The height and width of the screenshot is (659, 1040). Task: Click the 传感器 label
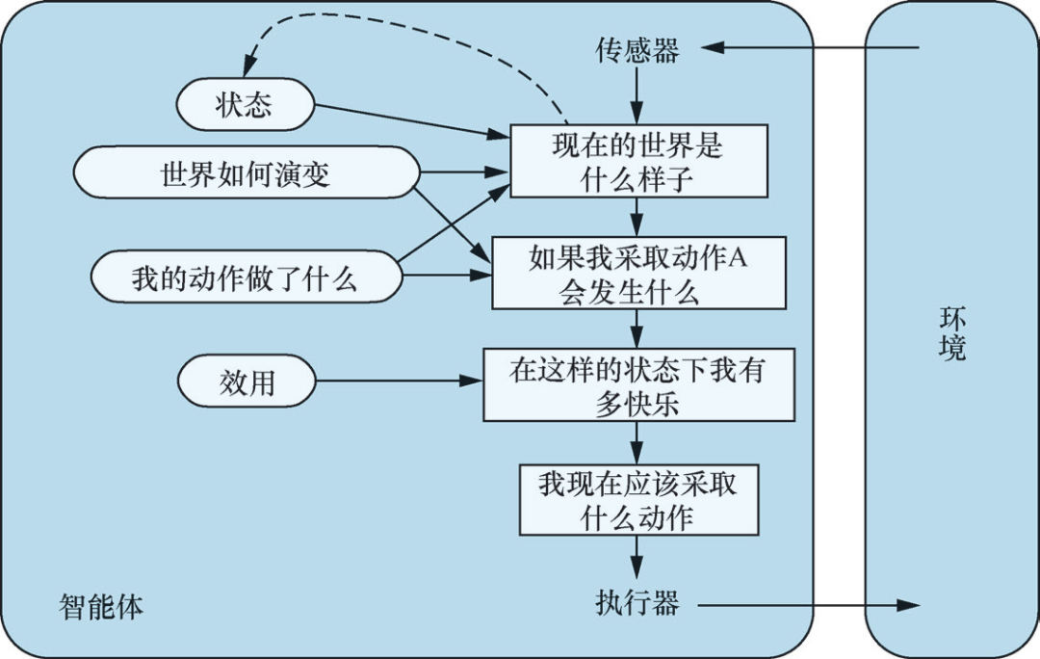[x=637, y=50]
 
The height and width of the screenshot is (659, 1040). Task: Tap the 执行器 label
[x=637, y=604]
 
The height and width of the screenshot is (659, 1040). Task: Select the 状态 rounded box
[x=245, y=105]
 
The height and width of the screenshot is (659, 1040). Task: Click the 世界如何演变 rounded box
[x=245, y=175]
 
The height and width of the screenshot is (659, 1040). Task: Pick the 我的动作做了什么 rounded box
[x=245, y=279]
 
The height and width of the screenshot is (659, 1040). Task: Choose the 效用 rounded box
[x=247, y=382]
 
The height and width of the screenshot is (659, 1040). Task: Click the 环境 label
[x=951, y=333]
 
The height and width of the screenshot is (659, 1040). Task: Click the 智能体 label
[x=101, y=607]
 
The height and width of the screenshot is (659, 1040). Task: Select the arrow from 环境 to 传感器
[x=809, y=47]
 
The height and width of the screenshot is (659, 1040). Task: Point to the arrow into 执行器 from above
[x=637, y=557]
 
